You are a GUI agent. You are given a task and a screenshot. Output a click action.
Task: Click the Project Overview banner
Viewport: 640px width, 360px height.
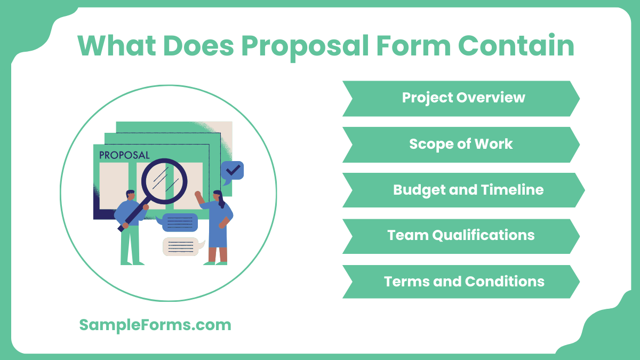(461, 98)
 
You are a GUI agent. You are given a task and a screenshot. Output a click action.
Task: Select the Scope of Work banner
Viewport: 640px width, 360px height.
(461, 144)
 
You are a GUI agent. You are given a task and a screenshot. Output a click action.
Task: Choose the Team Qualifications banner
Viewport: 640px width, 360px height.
(461, 236)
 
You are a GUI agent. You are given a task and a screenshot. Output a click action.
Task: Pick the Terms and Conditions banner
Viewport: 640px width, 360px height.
(461, 282)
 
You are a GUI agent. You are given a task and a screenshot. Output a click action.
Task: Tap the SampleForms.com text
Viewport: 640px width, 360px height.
(155, 325)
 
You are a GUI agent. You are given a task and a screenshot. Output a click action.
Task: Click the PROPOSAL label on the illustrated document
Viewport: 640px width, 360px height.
(124, 155)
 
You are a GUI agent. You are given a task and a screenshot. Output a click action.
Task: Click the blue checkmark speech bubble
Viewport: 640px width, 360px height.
(232, 171)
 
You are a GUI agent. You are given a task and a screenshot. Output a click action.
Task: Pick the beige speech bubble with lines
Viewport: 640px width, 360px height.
(182, 246)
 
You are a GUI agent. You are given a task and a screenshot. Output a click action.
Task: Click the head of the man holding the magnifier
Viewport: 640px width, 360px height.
(130, 195)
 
